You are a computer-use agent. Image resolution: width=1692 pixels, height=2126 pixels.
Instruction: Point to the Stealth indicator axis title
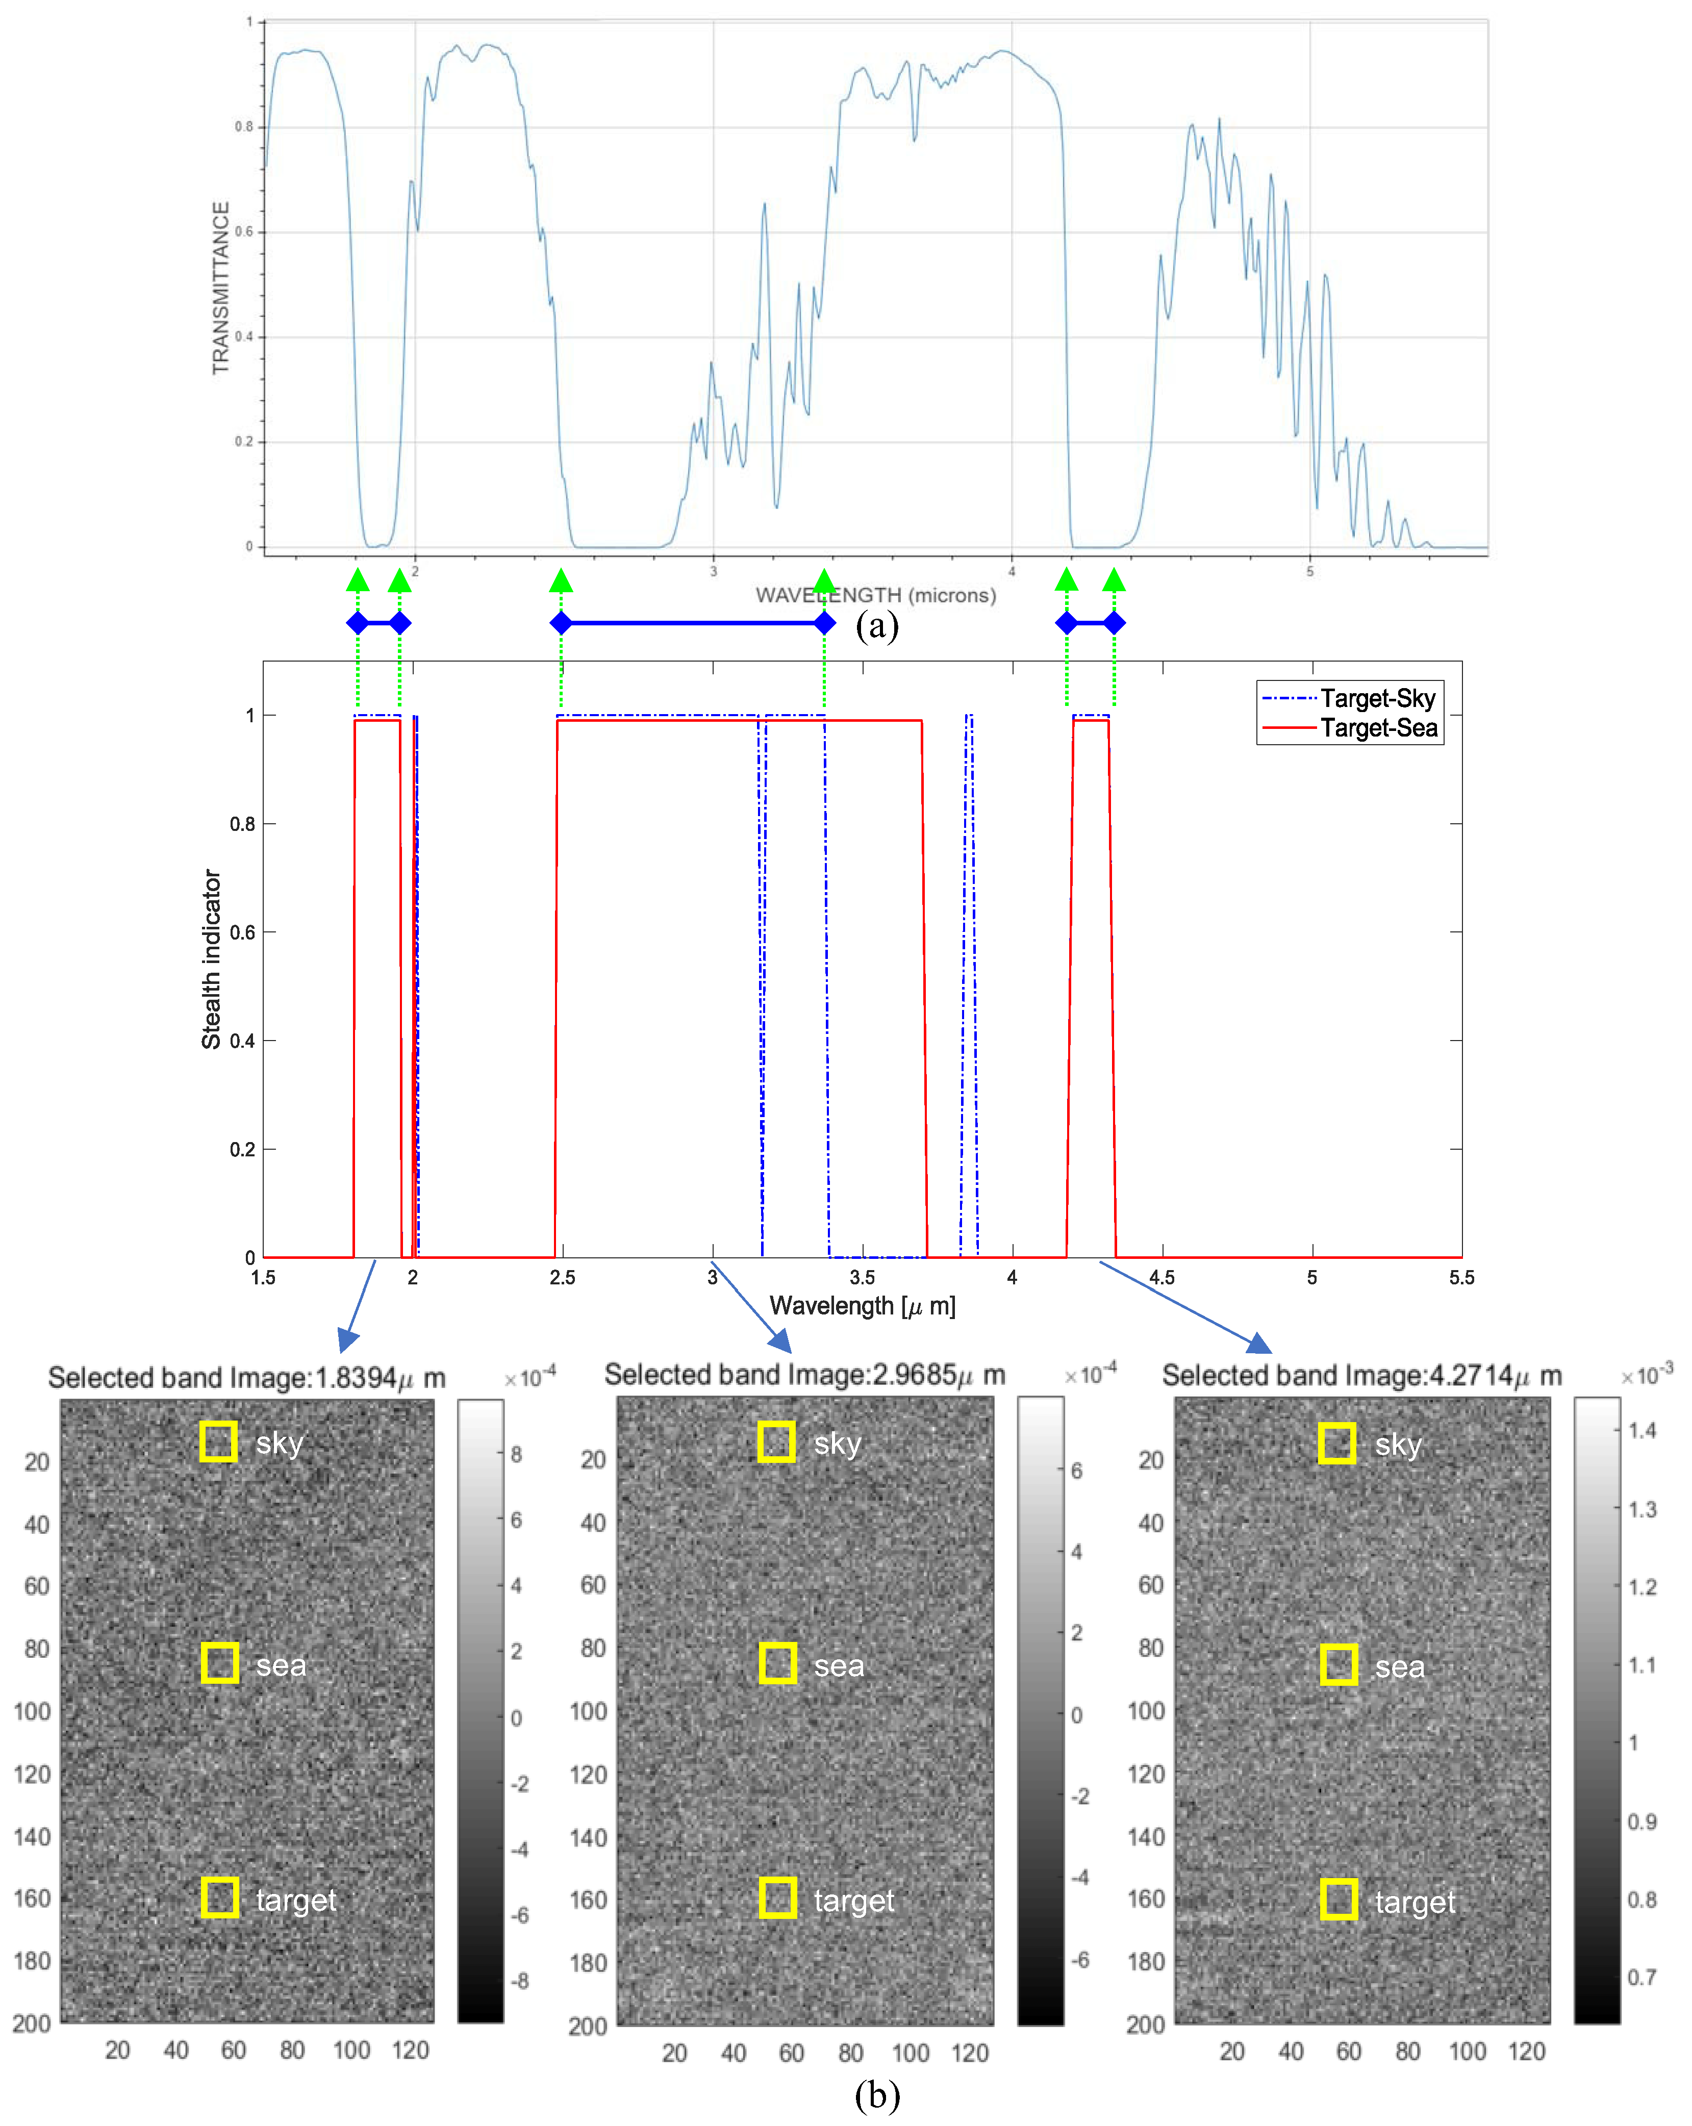tap(211, 958)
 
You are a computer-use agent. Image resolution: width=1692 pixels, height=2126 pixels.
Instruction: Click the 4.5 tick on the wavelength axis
tap(1161, 1277)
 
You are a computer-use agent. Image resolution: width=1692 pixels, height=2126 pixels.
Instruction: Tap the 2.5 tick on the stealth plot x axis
tap(562, 1277)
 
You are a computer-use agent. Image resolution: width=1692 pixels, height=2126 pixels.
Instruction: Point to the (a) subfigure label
tap(876, 625)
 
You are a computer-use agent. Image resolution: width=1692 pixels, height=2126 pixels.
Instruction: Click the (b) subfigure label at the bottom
tap(876, 2094)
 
